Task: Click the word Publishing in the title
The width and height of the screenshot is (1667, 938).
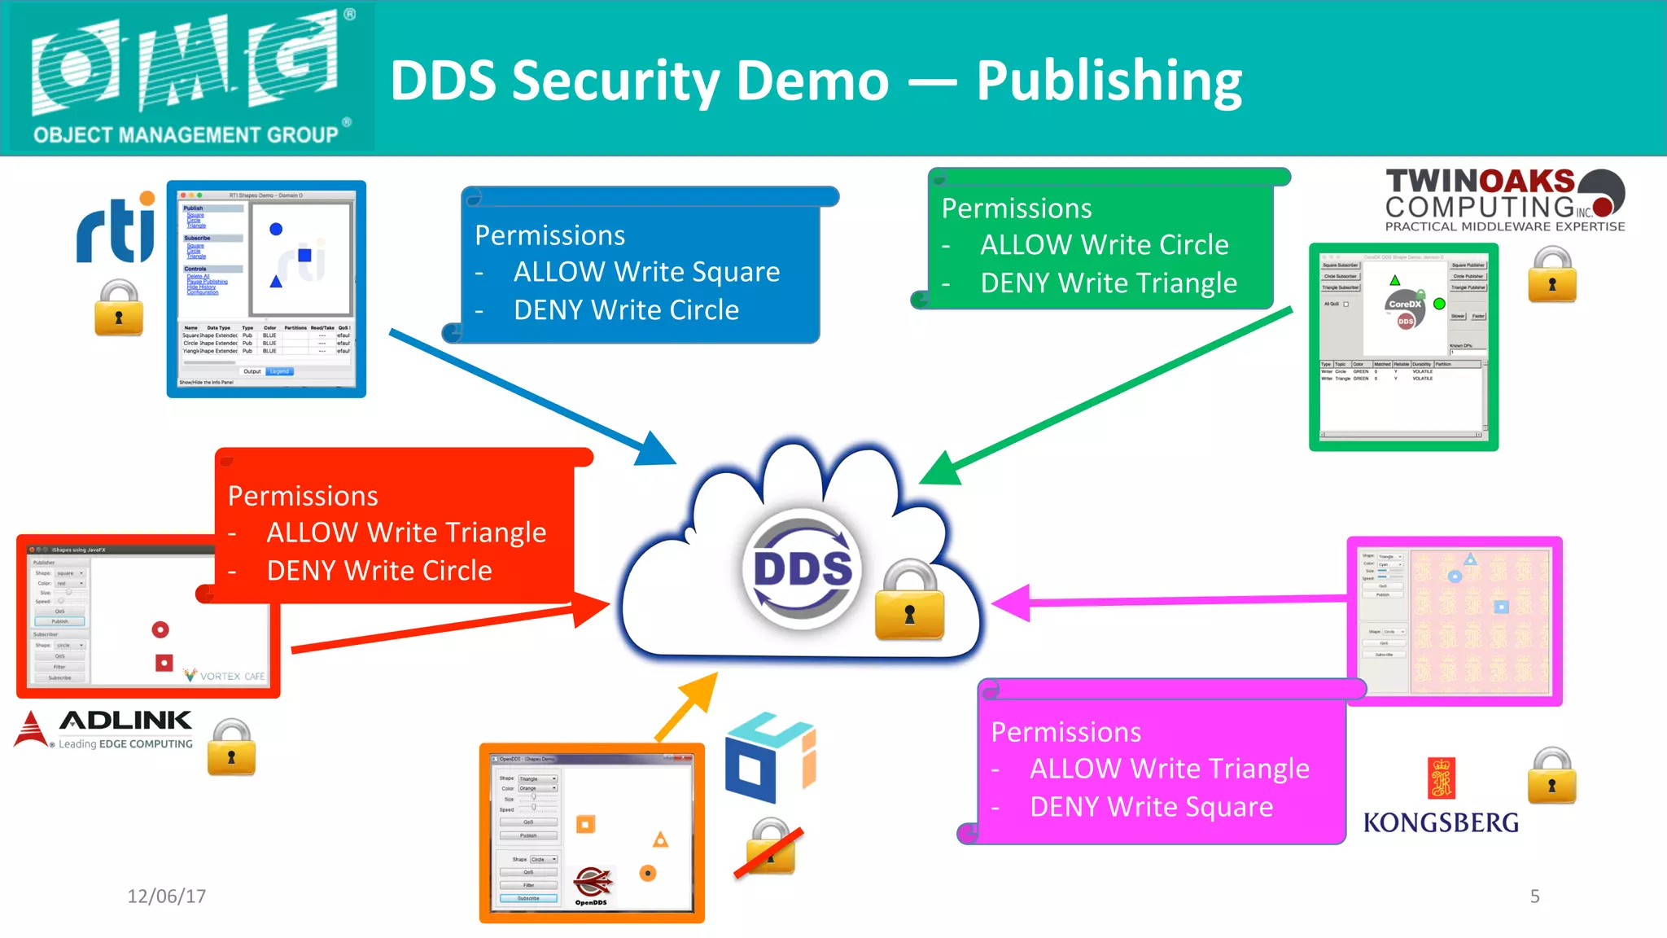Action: (1109, 81)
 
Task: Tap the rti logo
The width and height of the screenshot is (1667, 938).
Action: (116, 230)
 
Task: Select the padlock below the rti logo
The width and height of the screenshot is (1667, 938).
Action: (119, 309)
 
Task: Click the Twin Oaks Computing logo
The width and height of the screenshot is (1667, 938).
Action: (1504, 200)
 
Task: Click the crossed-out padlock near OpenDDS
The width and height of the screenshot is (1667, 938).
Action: (769, 849)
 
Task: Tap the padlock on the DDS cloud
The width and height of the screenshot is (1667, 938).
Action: (909, 601)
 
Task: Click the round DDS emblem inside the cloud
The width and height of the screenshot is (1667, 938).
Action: (803, 568)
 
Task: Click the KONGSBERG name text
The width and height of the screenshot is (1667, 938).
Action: (1441, 822)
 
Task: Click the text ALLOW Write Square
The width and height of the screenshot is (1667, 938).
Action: (646, 272)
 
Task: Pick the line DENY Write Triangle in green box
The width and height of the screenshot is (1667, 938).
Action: (1108, 283)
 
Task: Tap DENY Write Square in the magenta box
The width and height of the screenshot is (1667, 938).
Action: (1150, 807)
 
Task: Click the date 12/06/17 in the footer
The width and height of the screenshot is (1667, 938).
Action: (166, 896)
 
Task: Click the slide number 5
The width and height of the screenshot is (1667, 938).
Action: (1534, 896)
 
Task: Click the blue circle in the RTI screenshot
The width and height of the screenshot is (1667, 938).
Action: (276, 230)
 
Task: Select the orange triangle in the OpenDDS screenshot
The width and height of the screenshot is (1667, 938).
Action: (660, 839)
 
